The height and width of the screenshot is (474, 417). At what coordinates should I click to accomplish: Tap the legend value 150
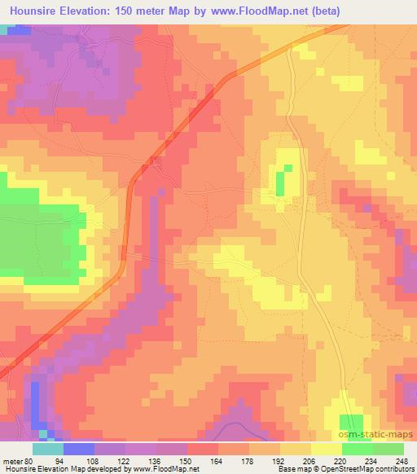click(x=187, y=460)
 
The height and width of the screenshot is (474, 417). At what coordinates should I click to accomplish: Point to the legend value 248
click(x=403, y=460)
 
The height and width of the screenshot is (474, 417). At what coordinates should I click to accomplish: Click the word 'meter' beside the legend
click(x=15, y=460)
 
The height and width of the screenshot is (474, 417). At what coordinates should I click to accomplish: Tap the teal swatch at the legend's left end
click(x=47, y=449)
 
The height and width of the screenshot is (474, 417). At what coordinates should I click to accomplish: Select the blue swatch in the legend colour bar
click(x=78, y=449)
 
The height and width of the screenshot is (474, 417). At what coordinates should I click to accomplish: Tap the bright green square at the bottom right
click(x=353, y=425)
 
